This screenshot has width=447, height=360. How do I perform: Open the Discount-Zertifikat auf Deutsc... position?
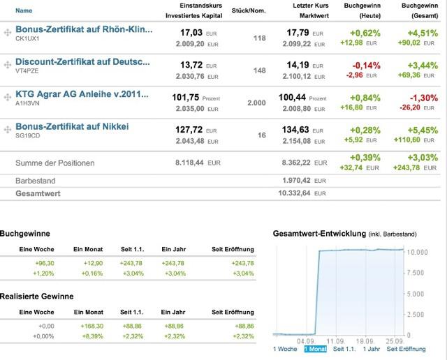82,62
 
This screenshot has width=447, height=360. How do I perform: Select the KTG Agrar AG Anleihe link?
82,94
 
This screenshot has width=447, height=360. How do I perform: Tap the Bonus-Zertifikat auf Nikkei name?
72,126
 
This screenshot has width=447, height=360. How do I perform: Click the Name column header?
24,11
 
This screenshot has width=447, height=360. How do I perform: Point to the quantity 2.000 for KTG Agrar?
256,103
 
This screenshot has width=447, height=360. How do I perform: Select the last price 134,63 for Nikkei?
298,129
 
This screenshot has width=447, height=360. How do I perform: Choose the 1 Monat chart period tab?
315,348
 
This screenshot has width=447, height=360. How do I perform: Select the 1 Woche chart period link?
285,348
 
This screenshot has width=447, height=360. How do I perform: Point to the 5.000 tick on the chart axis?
416,293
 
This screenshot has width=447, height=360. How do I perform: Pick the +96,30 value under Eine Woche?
43,262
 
